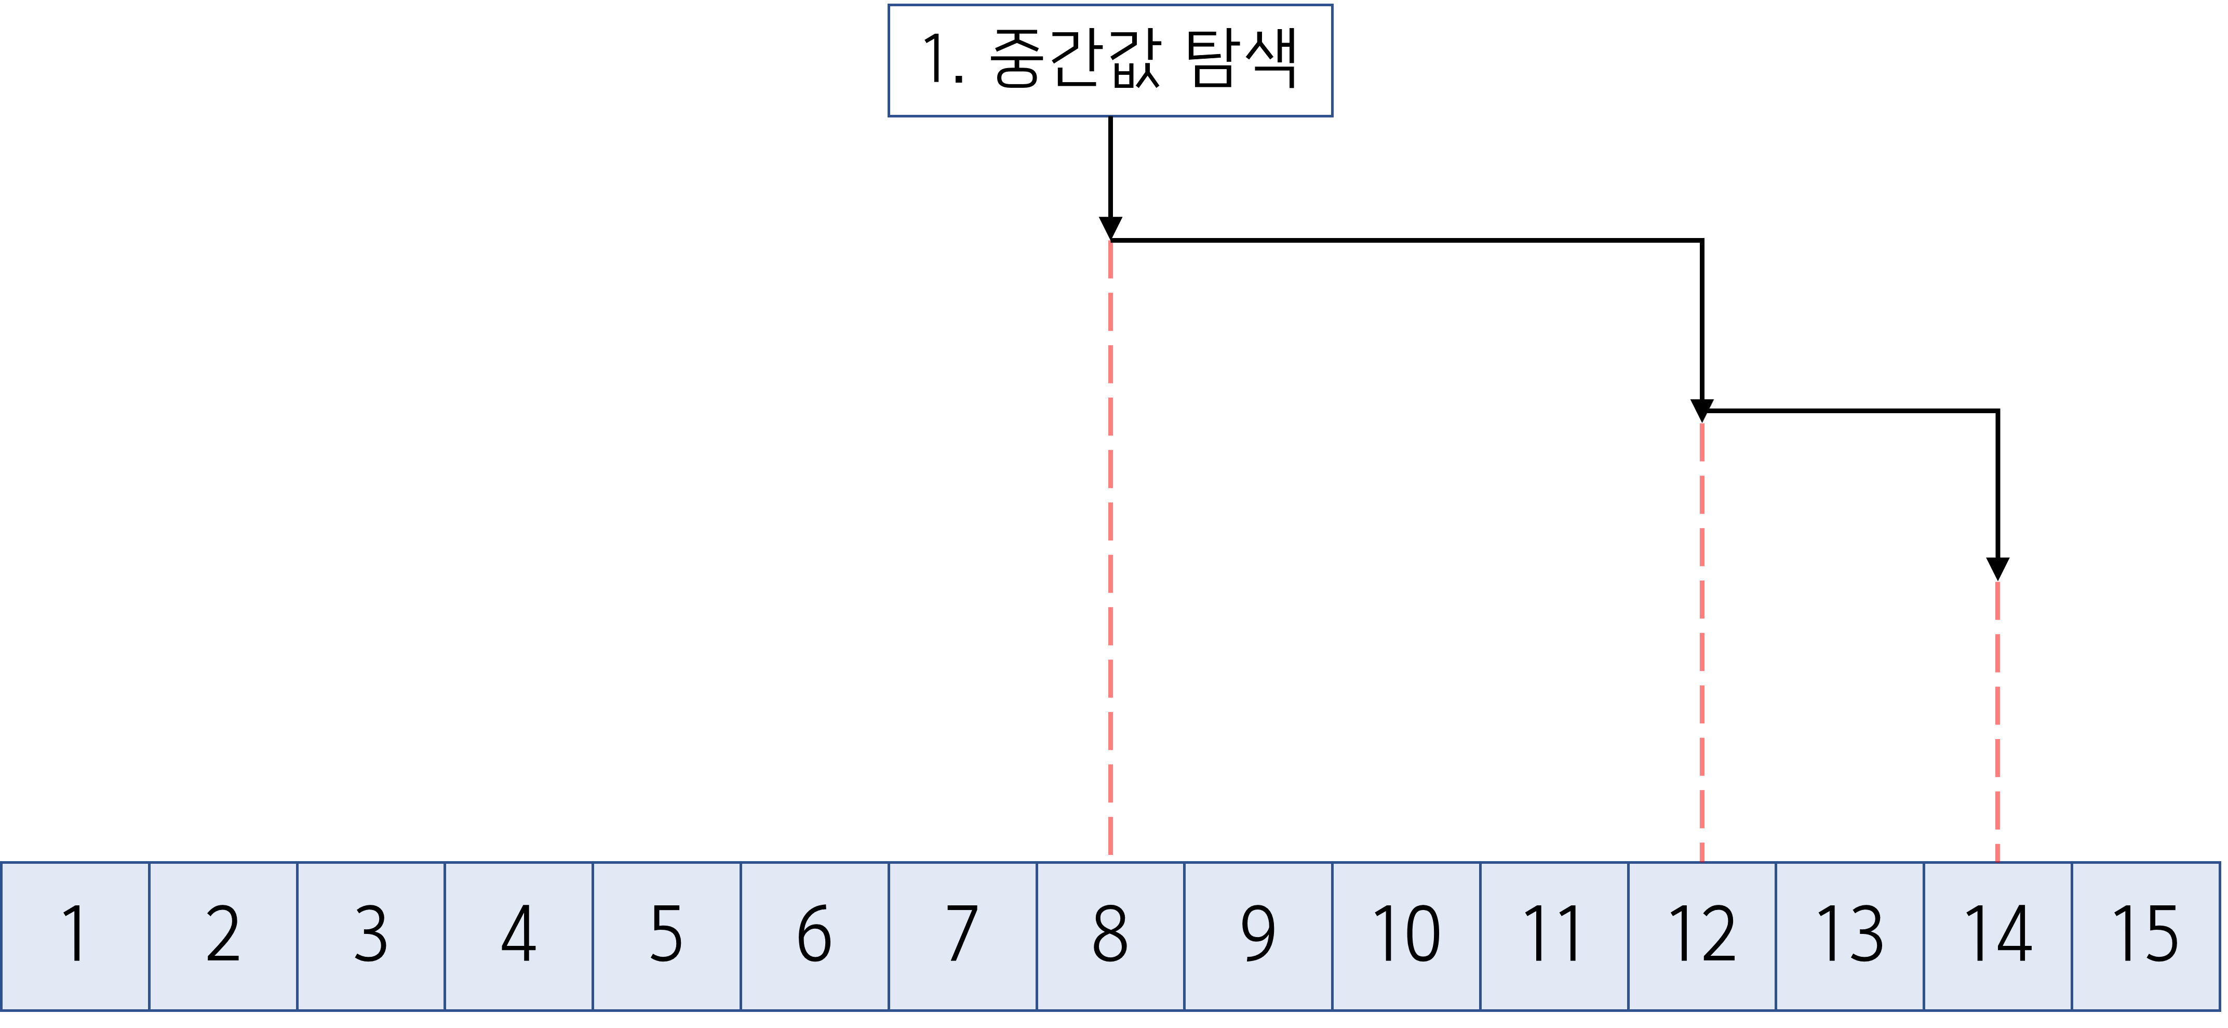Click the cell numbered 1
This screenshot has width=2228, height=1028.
(x=75, y=935)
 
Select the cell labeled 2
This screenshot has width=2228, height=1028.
(x=223, y=935)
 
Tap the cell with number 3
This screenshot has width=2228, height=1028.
(x=371, y=935)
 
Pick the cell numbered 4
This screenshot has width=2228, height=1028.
(x=519, y=935)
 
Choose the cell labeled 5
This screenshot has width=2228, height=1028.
(x=667, y=935)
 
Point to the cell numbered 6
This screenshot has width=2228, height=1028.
(x=815, y=935)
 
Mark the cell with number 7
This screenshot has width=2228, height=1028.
(x=963, y=935)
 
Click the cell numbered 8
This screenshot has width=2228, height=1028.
(x=1110, y=935)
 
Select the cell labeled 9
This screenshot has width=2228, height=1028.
(x=1258, y=935)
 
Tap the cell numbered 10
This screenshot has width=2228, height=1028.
(x=1406, y=935)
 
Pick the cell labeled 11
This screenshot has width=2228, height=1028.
(x=1554, y=935)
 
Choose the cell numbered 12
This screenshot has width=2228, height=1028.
(x=1702, y=935)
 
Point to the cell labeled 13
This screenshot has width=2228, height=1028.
(x=1850, y=935)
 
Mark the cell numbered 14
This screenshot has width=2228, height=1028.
(x=1998, y=935)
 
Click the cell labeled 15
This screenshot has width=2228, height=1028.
(x=2146, y=935)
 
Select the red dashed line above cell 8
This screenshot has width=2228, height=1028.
(x=1110, y=545)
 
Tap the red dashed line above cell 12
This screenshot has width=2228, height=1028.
(x=1702, y=640)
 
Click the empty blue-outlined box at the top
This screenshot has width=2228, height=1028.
(x=1110, y=61)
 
